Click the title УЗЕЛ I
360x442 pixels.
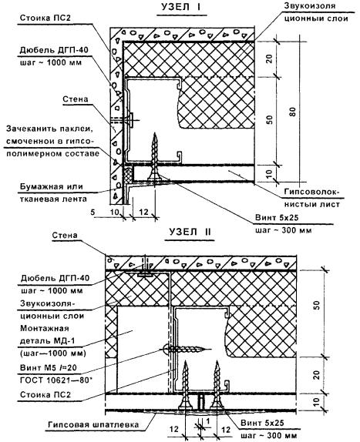tap(181, 7)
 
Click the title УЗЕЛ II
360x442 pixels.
tap(190, 232)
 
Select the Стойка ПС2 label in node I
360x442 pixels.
tap(45, 18)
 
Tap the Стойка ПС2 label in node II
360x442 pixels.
tap(45, 394)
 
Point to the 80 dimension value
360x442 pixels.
tap(293, 112)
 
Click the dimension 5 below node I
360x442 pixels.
tap(93, 212)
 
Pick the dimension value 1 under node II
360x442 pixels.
tap(208, 421)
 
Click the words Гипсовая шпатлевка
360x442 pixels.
tap(93, 425)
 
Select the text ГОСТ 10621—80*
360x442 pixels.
tap(56, 380)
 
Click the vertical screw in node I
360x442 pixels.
tap(155, 157)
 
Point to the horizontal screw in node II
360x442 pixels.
tap(187, 350)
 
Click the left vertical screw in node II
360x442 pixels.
tap(186, 385)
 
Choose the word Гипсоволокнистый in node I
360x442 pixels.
tap(311, 198)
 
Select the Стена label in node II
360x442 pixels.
tap(65, 235)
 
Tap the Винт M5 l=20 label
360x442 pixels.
tap(49, 368)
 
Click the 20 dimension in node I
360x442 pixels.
tap(270, 59)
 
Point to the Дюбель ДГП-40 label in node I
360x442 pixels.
tap(54, 50)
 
